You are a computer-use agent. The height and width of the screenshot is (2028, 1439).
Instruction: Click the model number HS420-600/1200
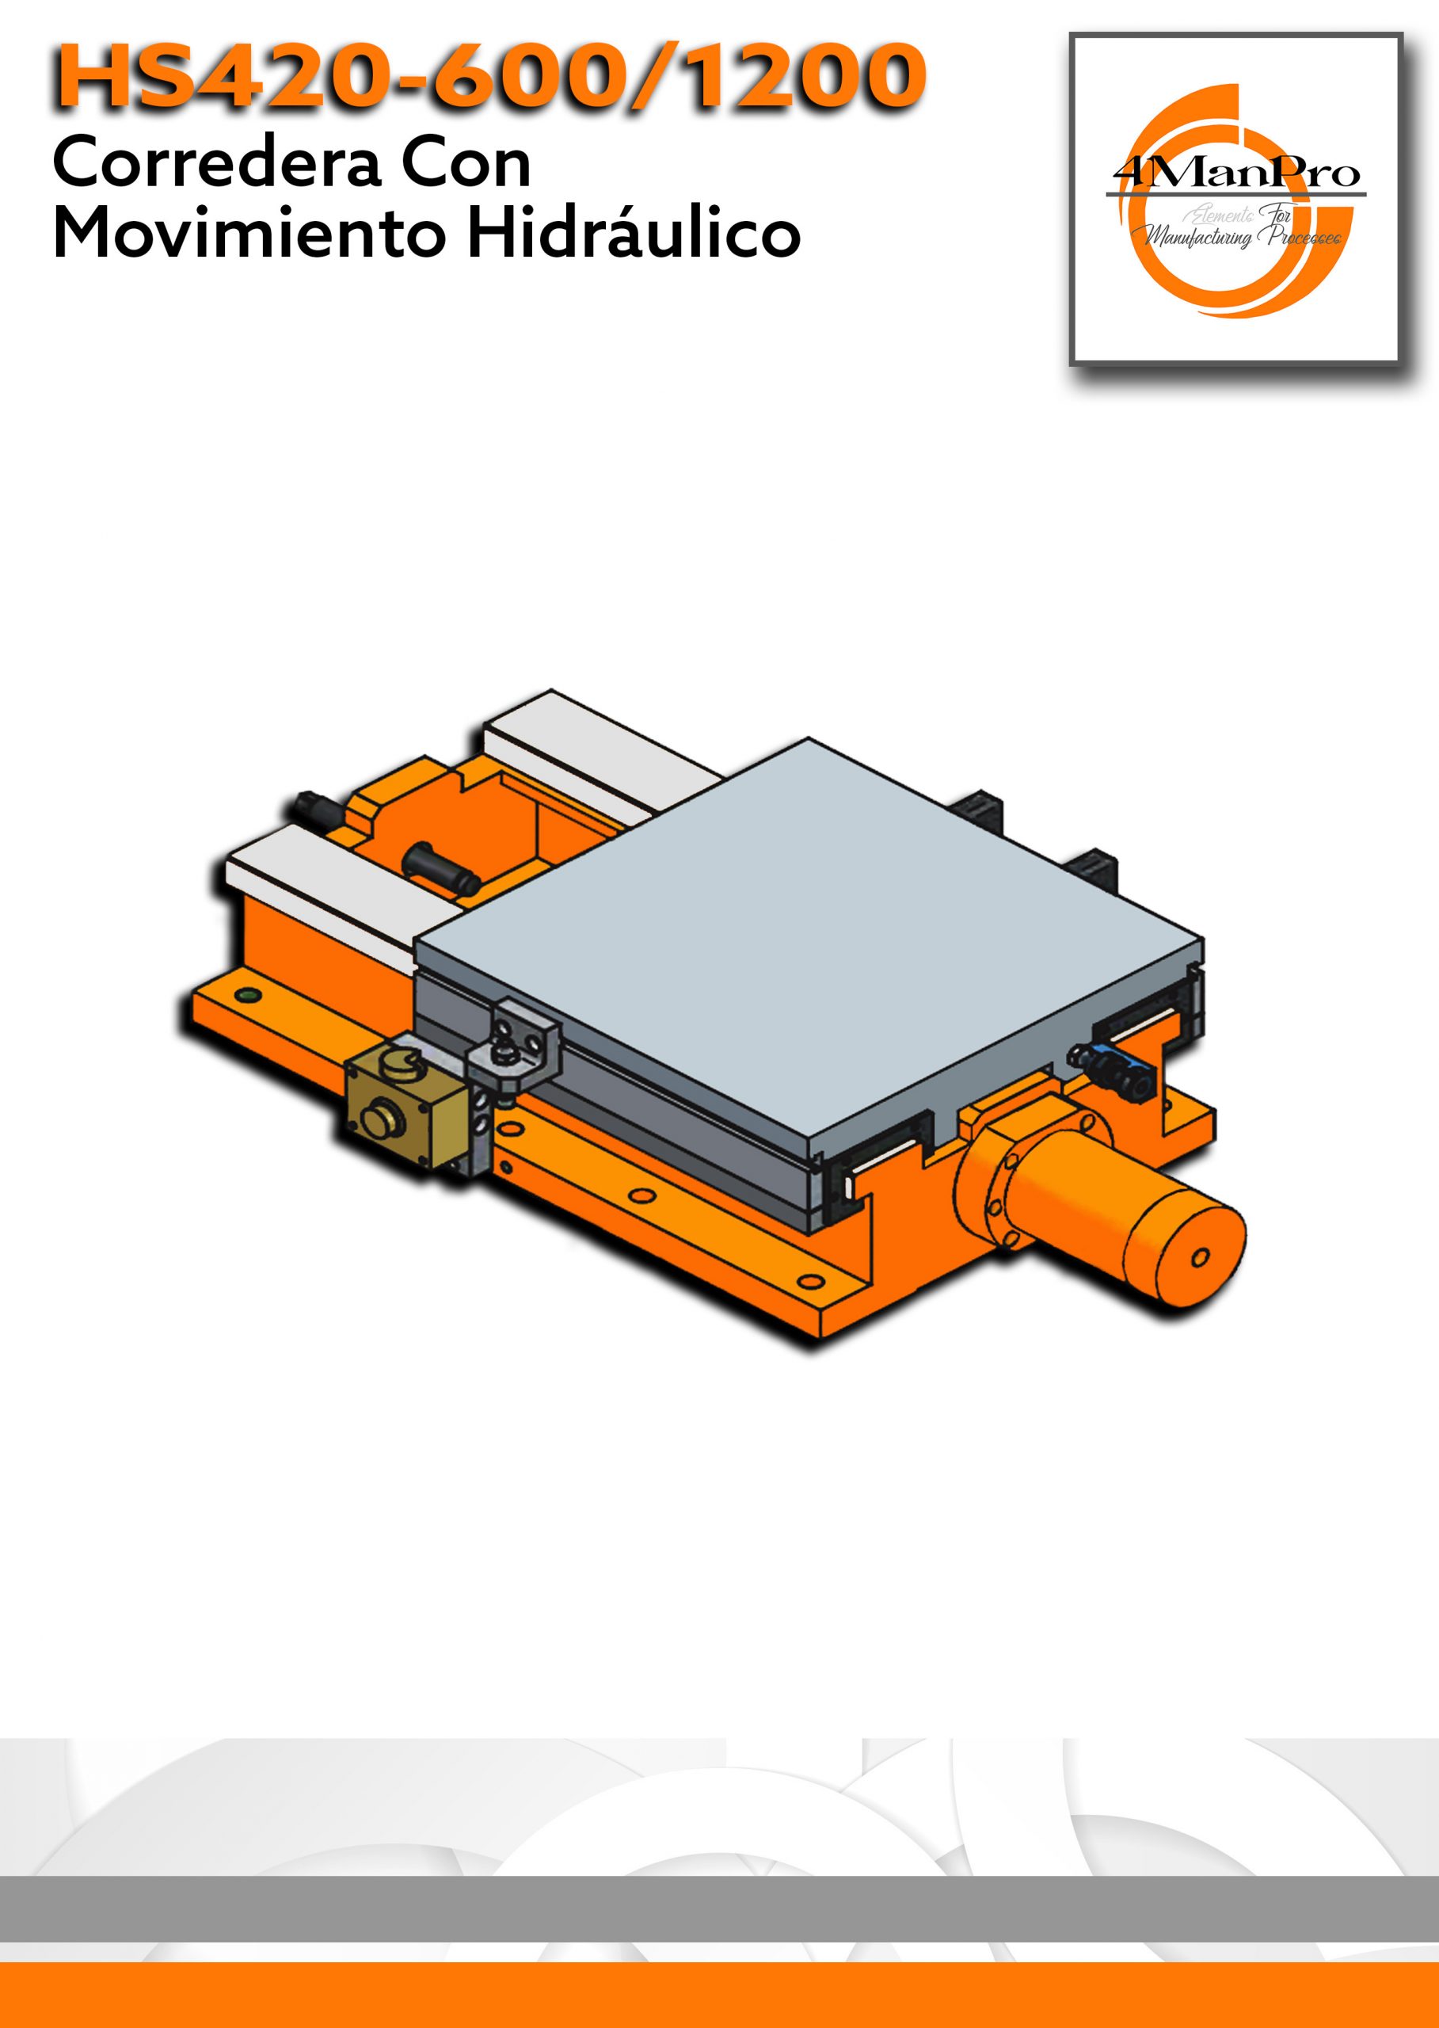tap(490, 76)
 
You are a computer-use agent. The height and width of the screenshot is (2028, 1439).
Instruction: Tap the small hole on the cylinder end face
tap(1201, 1258)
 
